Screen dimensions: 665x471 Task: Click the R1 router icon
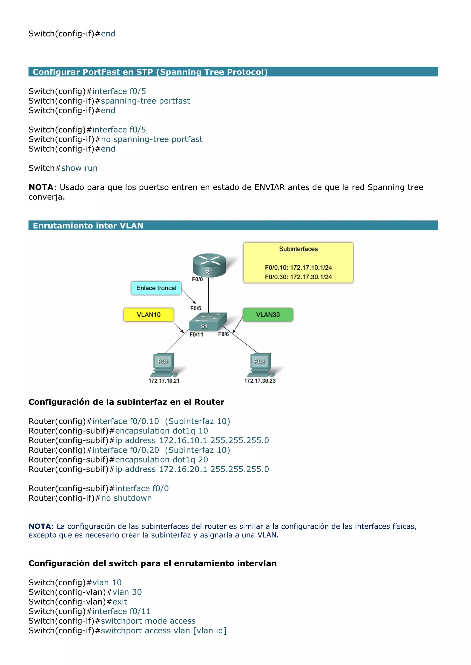209,265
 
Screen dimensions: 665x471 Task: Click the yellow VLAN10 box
149,315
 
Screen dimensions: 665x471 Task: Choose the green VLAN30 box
268,315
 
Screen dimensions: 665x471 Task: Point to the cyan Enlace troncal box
156,288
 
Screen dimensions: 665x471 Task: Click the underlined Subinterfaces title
298,249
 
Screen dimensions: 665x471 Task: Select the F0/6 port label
223,334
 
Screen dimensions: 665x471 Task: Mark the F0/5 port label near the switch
195,308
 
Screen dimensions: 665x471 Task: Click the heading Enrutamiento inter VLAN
88,226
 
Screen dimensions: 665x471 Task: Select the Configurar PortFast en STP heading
150,72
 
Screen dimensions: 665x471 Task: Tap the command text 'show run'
79,168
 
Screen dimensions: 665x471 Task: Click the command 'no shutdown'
126,498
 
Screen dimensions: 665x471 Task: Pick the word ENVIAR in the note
270,187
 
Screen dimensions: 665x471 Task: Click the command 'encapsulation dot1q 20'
161,460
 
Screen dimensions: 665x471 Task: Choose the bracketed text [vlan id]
210,631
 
